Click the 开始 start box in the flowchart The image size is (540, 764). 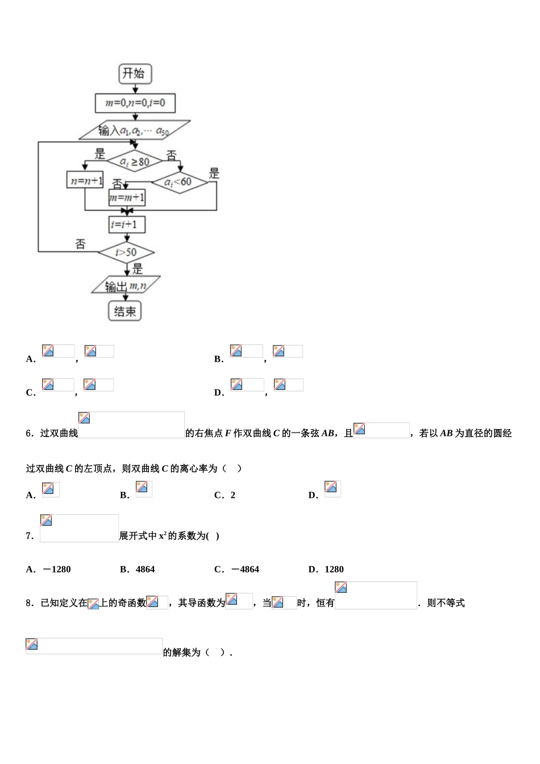[x=135, y=73]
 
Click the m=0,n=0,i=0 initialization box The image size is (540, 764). [x=135, y=103]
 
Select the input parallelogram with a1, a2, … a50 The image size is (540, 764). [x=134, y=130]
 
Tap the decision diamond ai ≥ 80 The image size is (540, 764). [x=135, y=161]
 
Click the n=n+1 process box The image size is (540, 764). [x=85, y=181]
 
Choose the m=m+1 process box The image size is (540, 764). [x=127, y=197]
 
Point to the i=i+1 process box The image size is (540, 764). [x=127, y=225]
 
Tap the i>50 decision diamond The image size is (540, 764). [x=126, y=252]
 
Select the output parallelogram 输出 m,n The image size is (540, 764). [x=126, y=286]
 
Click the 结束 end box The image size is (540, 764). [x=125, y=311]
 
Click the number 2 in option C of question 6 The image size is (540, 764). [x=232, y=495]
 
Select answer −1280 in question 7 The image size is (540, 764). [x=56, y=569]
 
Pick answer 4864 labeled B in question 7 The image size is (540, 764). [x=145, y=569]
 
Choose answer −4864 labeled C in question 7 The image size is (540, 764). [x=245, y=569]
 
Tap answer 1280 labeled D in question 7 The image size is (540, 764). [x=334, y=569]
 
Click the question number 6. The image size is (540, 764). [x=29, y=433]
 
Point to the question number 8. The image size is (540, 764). [x=29, y=603]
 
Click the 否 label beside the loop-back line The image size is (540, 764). [x=80, y=244]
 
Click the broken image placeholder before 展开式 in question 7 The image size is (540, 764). [x=79, y=528]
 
